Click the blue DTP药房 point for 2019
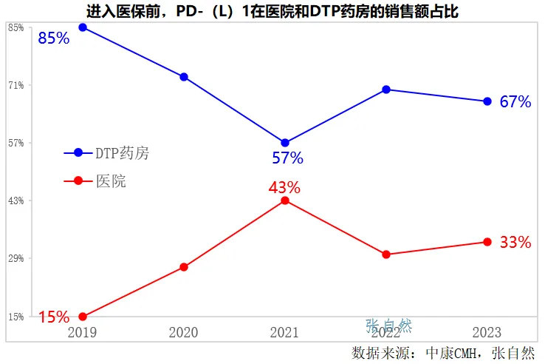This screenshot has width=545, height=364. coord(83,27)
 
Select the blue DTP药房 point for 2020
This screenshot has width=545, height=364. coord(184,77)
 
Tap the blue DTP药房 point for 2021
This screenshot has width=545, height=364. coord(285,143)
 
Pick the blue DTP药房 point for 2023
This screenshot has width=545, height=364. coord(487,101)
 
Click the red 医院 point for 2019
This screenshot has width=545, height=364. coord(83,317)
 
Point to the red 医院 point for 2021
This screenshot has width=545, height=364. coord(285,200)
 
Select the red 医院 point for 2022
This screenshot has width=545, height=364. coord(386,255)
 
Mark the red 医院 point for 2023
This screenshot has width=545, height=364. coord(487,242)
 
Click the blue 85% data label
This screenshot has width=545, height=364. coord(53,38)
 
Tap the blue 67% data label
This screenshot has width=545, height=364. coord(515,102)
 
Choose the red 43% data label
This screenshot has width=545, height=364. coord(284,187)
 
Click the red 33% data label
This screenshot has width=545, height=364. coord(515,242)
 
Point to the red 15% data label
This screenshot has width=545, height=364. coord(53,317)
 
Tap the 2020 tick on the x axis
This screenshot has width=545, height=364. coord(184,332)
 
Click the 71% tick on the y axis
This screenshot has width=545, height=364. coord(16,85)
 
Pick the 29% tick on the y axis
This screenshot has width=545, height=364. coord(16,259)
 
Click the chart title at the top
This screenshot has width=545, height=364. coord(272,10)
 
